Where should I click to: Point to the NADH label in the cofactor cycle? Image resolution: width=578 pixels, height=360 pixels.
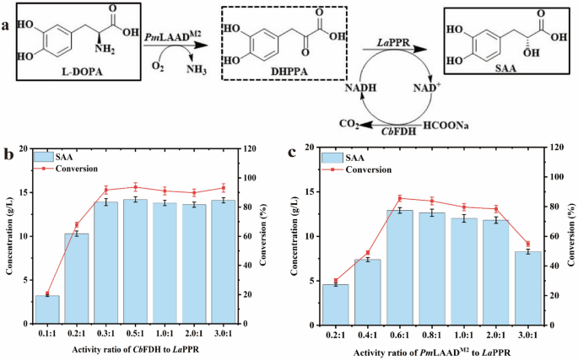(x=348, y=87)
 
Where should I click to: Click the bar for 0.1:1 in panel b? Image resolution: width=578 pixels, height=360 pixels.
(x=47, y=309)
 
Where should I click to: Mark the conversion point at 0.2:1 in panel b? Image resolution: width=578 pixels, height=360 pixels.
(x=77, y=225)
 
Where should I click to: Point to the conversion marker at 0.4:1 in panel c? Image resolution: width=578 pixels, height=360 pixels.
(x=368, y=253)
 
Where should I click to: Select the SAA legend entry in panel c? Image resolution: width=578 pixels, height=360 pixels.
(x=350, y=158)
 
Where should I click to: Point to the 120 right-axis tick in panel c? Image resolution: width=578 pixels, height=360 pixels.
(x=561, y=148)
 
